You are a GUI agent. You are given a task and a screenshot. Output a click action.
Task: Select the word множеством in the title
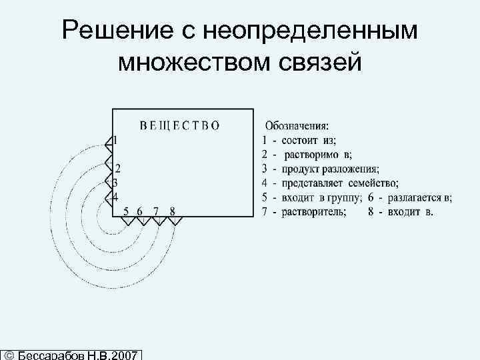[190, 63]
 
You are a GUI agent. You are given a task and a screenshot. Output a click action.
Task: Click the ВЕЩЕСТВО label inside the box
[179, 125]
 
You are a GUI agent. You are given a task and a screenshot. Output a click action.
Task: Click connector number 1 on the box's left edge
[115, 141]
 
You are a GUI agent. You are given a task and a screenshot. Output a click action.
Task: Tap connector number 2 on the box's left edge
[117, 168]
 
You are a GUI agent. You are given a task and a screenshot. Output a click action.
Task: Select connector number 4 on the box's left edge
[115, 197]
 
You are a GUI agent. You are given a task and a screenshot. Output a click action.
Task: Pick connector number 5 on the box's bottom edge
[125, 212]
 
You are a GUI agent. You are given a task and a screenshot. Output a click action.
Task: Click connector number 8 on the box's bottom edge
[173, 212]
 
